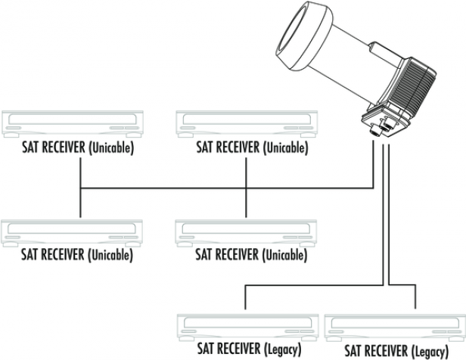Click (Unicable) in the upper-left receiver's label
pyautogui.click(x=111, y=148)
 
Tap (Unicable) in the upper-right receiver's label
pyautogui.click(x=285, y=148)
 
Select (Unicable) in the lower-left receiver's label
pyautogui.click(x=111, y=255)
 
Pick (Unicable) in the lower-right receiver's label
pyautogui.click(x=285, y=255)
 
